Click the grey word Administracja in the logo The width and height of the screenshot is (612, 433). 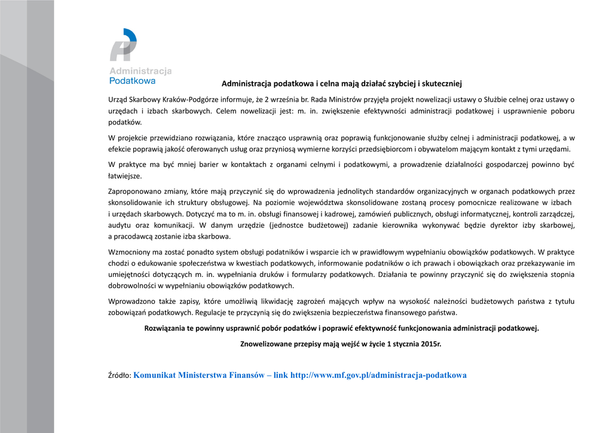pos(140,71)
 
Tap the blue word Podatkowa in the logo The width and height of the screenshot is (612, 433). pos(132,80)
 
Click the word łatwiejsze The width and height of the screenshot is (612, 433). pos(125,176)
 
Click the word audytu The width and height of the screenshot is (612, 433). pos(120,225)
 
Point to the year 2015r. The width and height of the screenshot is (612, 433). pos(430,344)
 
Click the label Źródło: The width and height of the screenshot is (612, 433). pos(120,376)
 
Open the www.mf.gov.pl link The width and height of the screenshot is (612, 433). pos(378,376)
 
